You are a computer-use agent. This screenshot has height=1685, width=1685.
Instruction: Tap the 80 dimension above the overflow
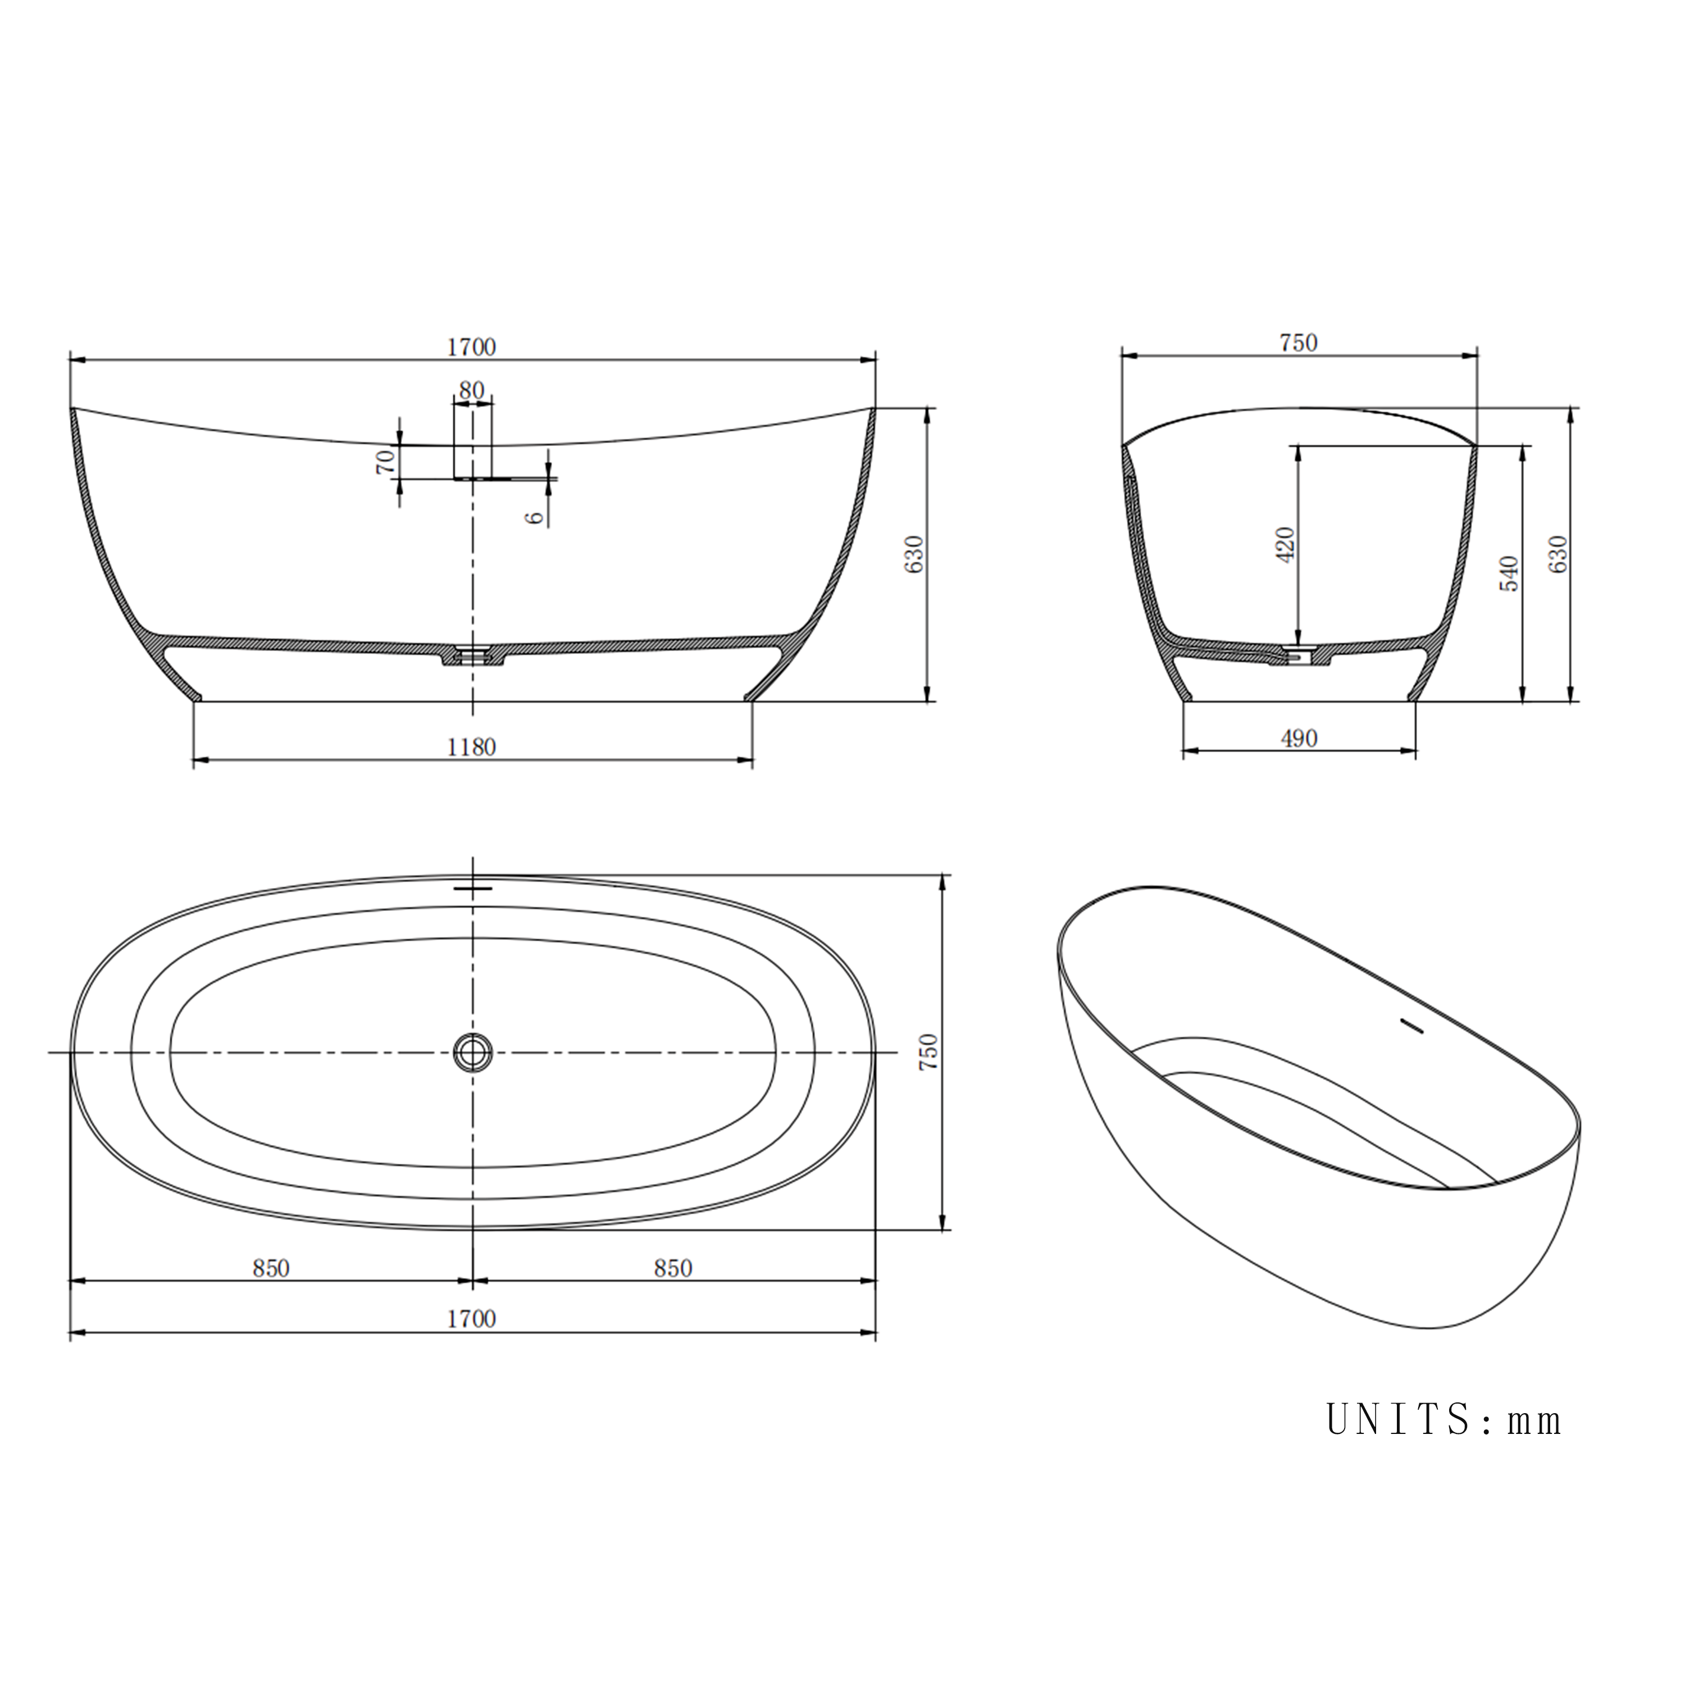(471, 391)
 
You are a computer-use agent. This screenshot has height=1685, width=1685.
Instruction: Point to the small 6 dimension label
(535, 516)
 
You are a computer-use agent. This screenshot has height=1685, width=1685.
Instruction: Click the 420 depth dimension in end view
(1286, 544)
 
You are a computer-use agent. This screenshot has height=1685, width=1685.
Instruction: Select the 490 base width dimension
(1299, 739)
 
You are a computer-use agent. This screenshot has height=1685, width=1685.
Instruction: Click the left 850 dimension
(271, 1268)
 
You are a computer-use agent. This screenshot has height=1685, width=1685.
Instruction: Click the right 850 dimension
(672, 1268)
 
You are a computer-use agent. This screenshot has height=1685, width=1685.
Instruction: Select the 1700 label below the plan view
(471, 1319)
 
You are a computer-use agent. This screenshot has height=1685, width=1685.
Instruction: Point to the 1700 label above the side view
(471, 347)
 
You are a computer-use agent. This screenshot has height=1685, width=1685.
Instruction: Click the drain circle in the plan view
(473, 1052)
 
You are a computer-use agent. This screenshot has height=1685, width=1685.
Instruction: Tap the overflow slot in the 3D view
(1410, 1025)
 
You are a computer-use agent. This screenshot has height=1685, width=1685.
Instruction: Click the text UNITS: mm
(1443, 1420)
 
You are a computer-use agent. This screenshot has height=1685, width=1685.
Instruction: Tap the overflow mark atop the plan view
(473, 888)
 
